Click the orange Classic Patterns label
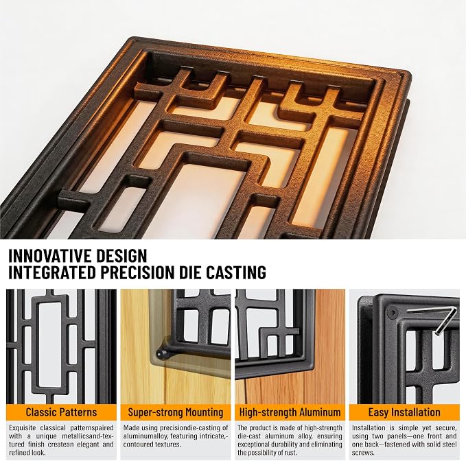[61, 412]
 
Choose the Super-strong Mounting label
[175, 412]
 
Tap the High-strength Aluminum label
[290, 412]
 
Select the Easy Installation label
[404, 412]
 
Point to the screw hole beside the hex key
[393, 313]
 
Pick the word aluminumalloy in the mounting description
[143, 436]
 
